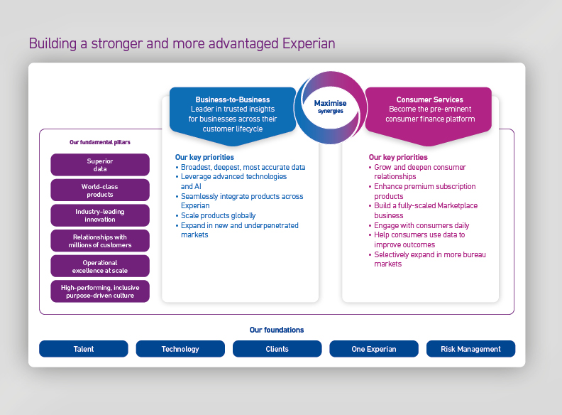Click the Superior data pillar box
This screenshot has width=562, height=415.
pyautogui.click(x=100, y=165)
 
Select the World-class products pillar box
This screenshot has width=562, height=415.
pyautogui.click(x=100, y=190)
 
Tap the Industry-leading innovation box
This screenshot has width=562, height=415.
pyautogui.click(x=100, y=215)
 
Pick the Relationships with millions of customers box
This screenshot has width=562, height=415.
pyautogui.click(x=100, y=241)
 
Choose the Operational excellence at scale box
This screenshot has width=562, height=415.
pyautogui.click(x=100, y=266)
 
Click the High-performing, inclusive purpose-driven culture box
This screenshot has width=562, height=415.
pyautogui.click(x=100, y=291)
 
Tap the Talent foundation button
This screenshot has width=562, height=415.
pyautogui.click(x=84, y=349)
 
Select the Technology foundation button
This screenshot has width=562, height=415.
pyautogui.click(x=180, y=349)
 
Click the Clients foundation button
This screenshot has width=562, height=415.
pyautogui.click(x=277, y=349)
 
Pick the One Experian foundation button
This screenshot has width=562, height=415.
pyautogui.click(x=374, y=349)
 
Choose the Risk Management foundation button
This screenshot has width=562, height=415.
pyautogui.click(x=470, y=349)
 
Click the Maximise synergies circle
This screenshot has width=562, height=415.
pyautogui.click(x=330, y=107)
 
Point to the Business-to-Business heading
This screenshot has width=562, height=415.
pyautogui.click(x=232, y=99)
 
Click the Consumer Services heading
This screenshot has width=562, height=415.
pyautogui.click(x=429, y=99)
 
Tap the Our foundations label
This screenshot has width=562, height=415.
pyautogui.click(x=277, y=330)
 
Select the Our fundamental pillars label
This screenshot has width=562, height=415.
pyautogui.click(x=99, y=142)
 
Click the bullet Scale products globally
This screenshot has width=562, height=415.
pyautogui.click(x=218, y=215)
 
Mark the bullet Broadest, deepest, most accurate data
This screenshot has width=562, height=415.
pyautogui.click(x=243, y=167)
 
